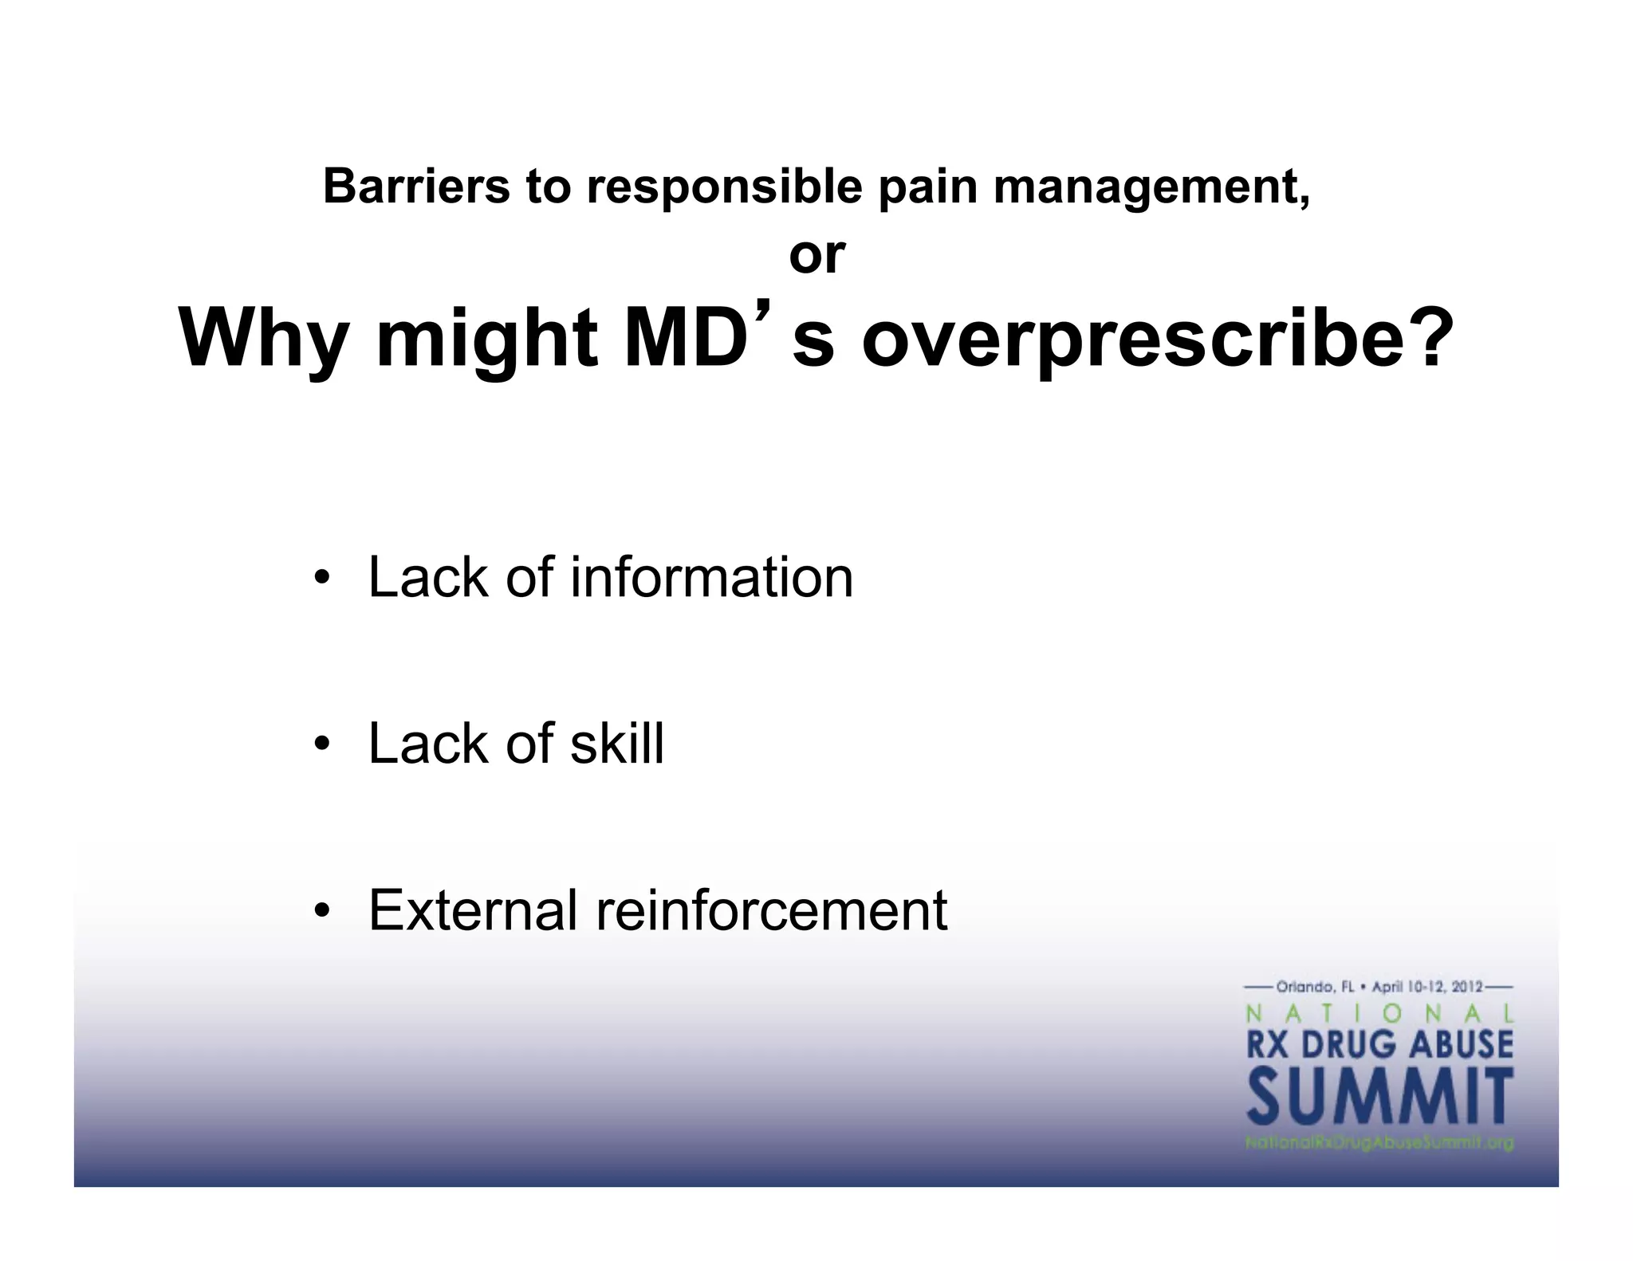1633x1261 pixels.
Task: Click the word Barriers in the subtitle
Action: click(415, 187)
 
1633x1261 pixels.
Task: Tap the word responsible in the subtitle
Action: click(724, 188)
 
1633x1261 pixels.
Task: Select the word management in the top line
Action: click(1151, 188)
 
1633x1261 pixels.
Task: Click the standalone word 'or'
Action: click(816, 256)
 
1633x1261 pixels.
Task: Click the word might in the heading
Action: click(486, 339)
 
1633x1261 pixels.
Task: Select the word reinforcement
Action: click(771, 910)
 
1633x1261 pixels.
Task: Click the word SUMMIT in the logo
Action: click(1379, 1097)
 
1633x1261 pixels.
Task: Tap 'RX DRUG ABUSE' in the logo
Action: click(1379, 1044)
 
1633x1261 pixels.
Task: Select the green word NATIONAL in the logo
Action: click(1379, 1014)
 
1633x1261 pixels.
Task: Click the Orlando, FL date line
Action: click(1379, 988)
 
